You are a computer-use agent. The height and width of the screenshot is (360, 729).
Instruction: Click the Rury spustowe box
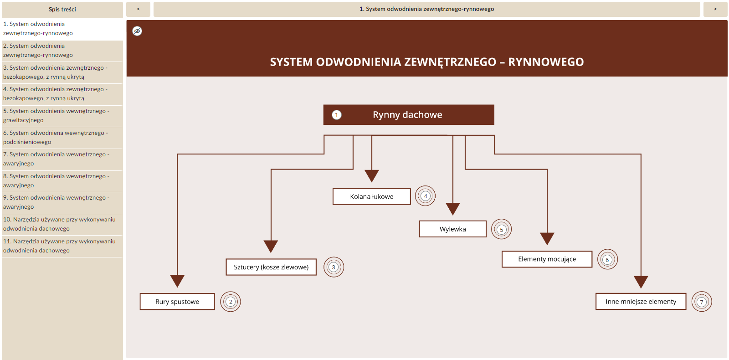(x=177, y=302)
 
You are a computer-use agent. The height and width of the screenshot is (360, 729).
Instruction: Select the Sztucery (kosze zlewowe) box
(x=271, y=267)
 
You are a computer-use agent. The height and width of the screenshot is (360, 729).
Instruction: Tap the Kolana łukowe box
(x=371, y=196)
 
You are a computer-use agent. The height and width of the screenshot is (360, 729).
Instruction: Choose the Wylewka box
(x=452, y=229)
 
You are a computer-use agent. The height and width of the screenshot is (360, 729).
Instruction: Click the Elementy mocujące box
(x=547, y=259)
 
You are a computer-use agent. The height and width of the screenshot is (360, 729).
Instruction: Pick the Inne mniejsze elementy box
(x=641, y=301)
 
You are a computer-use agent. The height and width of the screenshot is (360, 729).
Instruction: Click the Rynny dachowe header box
(x=409, y=115)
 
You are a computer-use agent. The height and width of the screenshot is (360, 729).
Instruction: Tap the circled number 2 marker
(x=231, y=302)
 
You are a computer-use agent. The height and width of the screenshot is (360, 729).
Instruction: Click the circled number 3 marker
(x=334, y=267)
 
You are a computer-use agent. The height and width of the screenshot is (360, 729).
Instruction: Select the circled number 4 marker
(x=426, y=196)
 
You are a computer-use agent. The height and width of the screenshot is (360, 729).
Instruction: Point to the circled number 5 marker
(x=501, y=229)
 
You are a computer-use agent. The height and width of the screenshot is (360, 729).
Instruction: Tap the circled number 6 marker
(x=607, y=259)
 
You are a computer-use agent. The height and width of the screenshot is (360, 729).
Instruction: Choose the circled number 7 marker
(x=702, y=302)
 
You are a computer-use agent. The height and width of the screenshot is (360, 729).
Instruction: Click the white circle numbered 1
(x=337, y=115)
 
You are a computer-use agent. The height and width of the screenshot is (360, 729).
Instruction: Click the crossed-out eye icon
(x=137, y=31)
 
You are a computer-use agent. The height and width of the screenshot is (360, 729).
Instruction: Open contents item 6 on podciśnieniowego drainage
(x=56, y=137)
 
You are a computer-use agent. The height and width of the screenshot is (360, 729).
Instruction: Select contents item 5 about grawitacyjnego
(x=56, y=115)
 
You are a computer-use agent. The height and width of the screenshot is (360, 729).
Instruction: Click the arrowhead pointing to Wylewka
(x=452, y=209)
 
